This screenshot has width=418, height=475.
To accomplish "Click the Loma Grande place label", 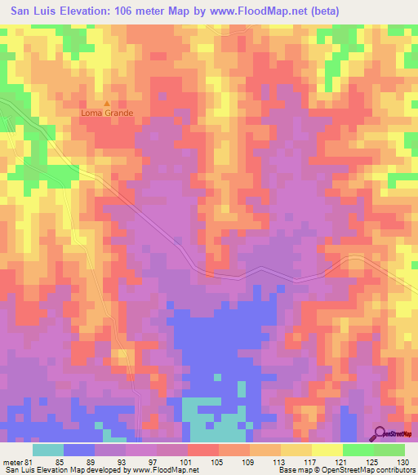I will pos(106,113).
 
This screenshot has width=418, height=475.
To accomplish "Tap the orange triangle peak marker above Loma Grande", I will pos(106,104).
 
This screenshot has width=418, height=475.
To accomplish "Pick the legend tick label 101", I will pos(194,460).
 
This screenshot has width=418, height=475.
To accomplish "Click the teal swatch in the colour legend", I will pos(48,450).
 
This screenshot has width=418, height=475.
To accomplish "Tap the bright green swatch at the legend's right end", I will pos(389,450).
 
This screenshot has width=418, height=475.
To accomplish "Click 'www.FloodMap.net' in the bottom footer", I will pos(165,470).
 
